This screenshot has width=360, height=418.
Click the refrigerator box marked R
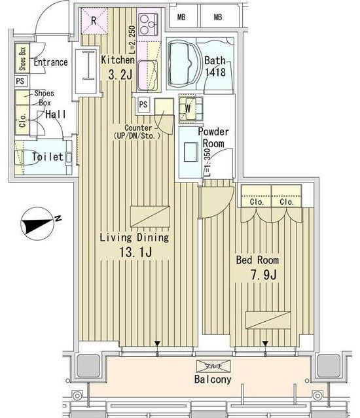[94, 20]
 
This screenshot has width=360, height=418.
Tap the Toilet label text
[48, 157]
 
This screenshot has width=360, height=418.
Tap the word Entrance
[51, 63]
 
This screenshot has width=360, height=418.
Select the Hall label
[56, 114]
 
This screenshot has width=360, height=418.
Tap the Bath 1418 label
[215, 67]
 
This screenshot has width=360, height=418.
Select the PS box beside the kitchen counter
[143, 104]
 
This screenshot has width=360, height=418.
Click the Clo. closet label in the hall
[23, 121]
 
